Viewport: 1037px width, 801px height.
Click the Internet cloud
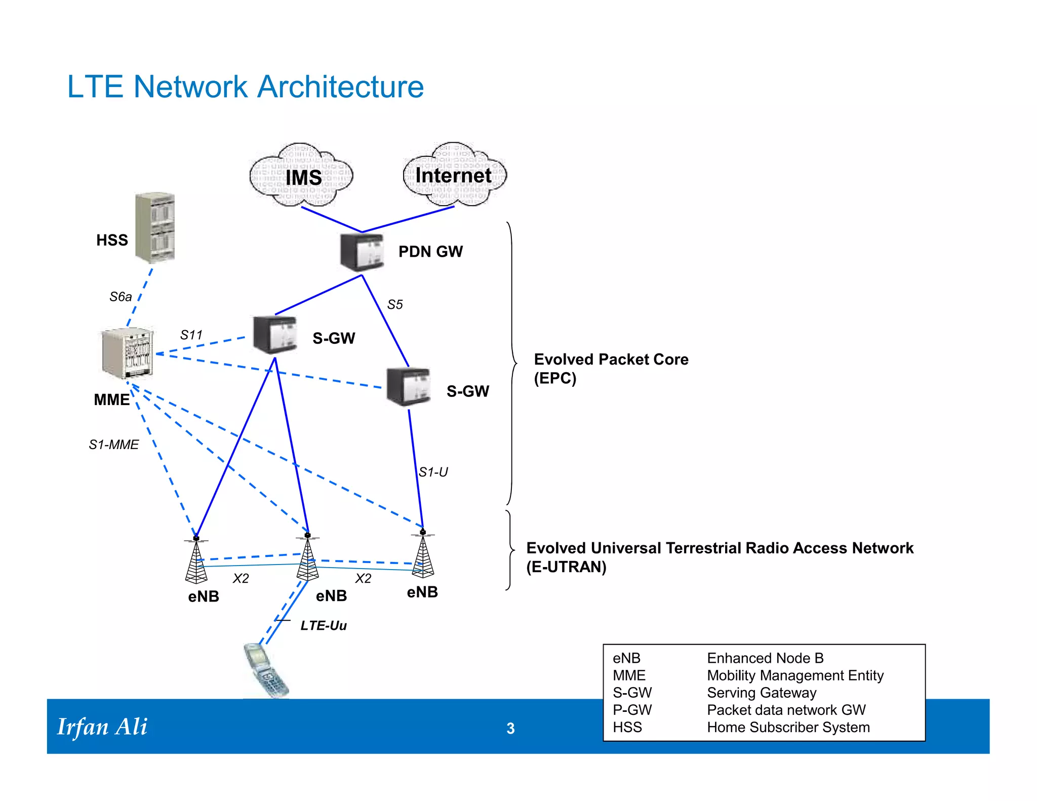454,175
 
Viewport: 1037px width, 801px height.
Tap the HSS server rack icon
155,228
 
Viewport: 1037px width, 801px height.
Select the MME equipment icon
127,353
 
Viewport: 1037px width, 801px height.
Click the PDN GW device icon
362,252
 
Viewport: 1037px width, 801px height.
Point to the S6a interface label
121,297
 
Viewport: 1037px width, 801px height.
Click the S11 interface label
191,335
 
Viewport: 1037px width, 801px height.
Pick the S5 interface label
395,305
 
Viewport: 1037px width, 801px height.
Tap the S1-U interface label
433,472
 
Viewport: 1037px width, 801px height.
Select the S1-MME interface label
114,445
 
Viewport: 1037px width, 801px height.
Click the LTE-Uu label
324,626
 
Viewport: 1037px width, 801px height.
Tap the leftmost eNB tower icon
196,560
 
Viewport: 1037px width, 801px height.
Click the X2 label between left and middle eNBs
241,579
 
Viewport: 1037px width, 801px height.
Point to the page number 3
510,728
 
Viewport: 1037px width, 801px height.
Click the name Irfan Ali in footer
102,727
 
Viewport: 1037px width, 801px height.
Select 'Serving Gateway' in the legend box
762,693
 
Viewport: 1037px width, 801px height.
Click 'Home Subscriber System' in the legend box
788,727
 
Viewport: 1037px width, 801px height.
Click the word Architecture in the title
340,87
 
